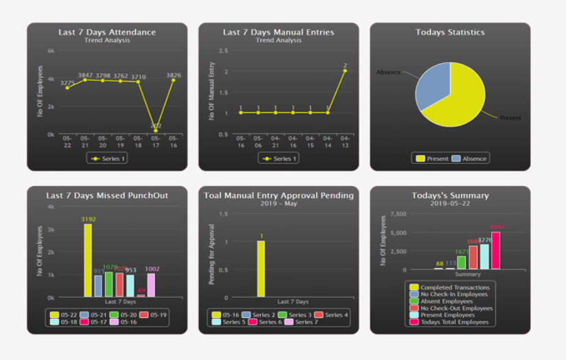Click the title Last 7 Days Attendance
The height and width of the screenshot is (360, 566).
coord(106,32)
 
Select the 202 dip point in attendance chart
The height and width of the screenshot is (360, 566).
coord(156,130)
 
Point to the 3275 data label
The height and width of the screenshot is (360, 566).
coord(67,83)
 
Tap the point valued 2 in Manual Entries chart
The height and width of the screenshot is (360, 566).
coord(344,71)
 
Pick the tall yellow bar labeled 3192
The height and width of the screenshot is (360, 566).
coord(88,260)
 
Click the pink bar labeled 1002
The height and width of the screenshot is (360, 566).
coord(151,285)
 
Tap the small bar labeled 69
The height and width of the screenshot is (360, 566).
coord(141,296)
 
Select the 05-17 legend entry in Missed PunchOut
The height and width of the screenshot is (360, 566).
coord(97,322)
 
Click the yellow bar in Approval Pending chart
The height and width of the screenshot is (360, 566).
coord(261,269)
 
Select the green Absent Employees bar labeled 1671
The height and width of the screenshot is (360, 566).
coord(461,262)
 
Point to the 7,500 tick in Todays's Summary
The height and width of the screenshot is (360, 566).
coord(397,214)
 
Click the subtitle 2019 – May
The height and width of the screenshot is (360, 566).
coord(278,204)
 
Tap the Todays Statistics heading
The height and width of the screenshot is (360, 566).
coord(449,32)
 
